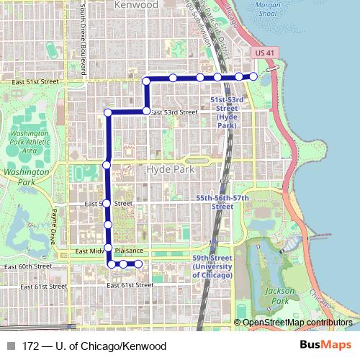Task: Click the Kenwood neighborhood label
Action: pyautogui.click(x=136, y=5)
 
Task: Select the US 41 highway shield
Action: pyautogui.click(x=265, y=53)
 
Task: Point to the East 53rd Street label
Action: pyautogui.click(x=174, y=112)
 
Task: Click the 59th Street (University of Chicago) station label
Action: pyautogui.click(x=212, y=266)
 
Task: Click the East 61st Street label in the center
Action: pyautogui.click(x=130, y=286)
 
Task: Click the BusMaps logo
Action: pyautogui.click(x=326, y=346)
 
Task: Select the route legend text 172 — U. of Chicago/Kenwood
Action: pyautogui.click(x=94, y=346)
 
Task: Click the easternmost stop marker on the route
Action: pyautogui.click(x=253, y=76)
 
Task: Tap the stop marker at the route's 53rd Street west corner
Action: pyautogui.click(x=108, y=112)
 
